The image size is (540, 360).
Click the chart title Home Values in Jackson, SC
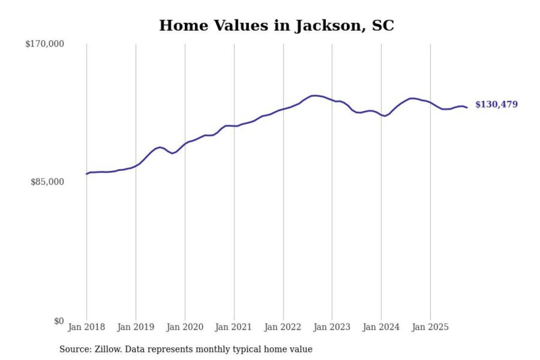coord(276,25)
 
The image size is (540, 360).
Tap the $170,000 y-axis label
coord(45,44)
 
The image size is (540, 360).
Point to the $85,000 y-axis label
coord(47,182)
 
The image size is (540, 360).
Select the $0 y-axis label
coord(59,321)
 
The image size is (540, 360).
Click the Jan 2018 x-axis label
coord(86,327)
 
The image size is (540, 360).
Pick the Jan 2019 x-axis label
coord(135,327)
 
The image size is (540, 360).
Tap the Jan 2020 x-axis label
coord(184,327)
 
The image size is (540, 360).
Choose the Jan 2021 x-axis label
coord(233,327)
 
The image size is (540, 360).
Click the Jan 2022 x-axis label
coord(282,327)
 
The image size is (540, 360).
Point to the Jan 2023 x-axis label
coord(331,327)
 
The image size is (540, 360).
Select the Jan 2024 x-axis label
coord(381,327)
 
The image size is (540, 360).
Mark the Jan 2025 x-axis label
coord(430,327)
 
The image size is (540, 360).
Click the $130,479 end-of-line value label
coord(496,104)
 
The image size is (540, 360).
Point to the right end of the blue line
coord(467,108)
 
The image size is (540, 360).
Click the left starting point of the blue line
coord(87,174)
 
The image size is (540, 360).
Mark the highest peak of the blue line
coord(316,96)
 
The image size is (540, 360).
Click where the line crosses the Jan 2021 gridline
coord(234,126)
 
